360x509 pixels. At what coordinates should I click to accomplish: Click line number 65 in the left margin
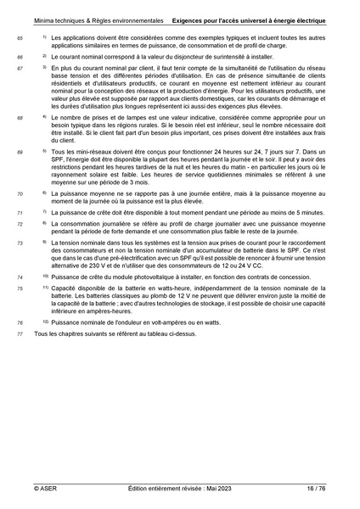(20, 39)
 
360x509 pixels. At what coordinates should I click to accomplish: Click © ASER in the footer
(45, 489)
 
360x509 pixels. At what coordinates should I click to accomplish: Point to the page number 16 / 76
(316, 489)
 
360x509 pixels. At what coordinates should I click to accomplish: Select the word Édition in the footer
(140, 489)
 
